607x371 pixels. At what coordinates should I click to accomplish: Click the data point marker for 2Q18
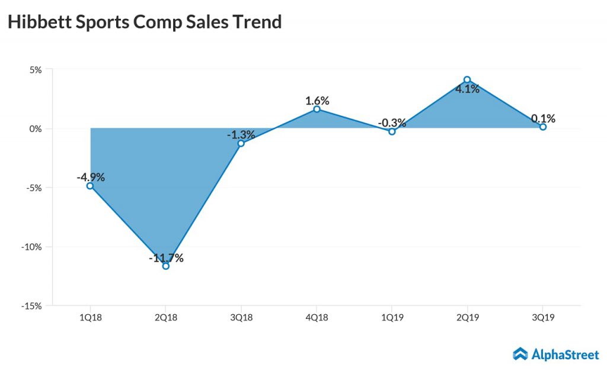(x=166, y=266)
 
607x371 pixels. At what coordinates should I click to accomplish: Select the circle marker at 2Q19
(x=467, y=79)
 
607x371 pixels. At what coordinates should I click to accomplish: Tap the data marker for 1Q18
(x=90, y=186)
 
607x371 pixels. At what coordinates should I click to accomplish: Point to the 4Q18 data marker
(x=317, y=109)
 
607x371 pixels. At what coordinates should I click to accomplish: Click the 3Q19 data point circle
(x=542, y=127)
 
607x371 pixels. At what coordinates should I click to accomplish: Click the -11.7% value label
(x=166, y=258)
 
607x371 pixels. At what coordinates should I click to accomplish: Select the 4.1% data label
(x=467, y=90)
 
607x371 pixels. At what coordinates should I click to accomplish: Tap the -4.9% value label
(x=90, y=177)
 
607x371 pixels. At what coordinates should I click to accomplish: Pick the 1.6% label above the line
(x=317, y=101)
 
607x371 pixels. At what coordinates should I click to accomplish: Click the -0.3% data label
(x=392, y=123)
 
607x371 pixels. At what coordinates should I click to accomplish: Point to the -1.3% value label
(x=241, y=135)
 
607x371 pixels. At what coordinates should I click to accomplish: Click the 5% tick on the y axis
(x=36, y=69)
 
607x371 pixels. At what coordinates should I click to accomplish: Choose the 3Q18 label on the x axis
(x=241, y=318)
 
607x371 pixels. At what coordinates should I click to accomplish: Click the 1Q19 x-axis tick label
(x=392, y=318)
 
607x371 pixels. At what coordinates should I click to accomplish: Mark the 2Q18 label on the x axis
(x=166, y=318)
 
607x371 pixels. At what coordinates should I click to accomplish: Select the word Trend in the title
(x=255, y=22)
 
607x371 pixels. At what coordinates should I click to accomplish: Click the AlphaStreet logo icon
(x=520, y=354)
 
